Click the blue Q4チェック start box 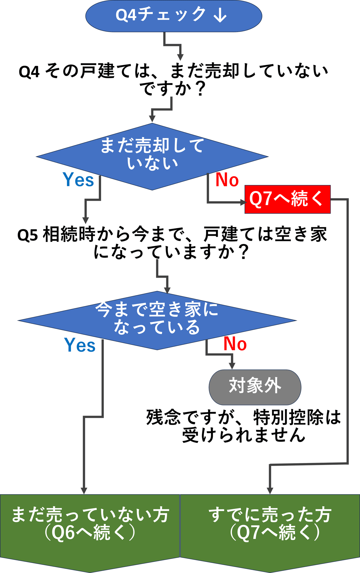[x=173, y=16]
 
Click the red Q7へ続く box [x=287, y=199]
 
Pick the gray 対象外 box [x=255, y=387]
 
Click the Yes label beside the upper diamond [x=78, y=180]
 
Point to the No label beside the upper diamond [x=227, y=180]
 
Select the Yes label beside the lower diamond [x=80, y=345]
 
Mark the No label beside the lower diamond [x=235, y=344]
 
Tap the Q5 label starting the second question [x=28, y=235]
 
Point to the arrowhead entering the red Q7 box [x=242, y=202]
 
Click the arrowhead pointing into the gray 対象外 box [x=232, y=366]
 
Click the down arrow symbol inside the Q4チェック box [x=220, y=15]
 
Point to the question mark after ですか [x=200, y=89]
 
